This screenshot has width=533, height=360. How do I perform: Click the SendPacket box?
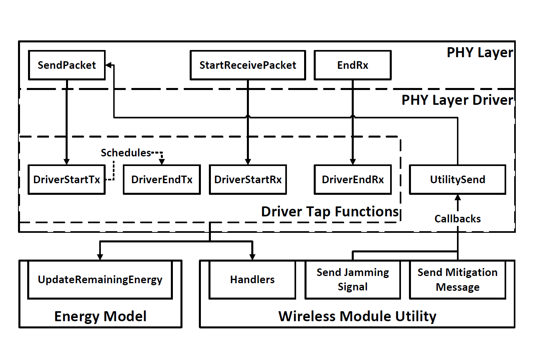(x=67, y=65)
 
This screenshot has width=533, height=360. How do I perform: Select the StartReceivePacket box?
(x=248, y=65)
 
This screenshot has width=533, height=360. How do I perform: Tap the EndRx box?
(x=353, y=65)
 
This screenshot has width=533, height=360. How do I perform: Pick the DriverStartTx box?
(x=66, y=180)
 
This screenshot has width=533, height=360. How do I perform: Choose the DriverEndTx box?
(x=162, y=180)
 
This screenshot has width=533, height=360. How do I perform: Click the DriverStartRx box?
(x=248, y=180)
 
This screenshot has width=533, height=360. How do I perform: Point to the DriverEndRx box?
(x=353, y=180)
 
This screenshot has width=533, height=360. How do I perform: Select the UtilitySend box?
(x=457, y=180)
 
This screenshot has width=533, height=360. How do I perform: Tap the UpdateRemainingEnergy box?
(x=100, y=280)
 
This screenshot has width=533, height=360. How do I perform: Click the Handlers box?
(x=252, y=280)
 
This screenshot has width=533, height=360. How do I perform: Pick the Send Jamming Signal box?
(x=353, y=280)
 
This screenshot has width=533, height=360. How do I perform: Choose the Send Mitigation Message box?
(x=457, y=280)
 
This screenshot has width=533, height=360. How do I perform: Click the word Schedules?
(x=126, y=153)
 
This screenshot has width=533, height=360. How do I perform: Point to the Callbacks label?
(x=457, y=219)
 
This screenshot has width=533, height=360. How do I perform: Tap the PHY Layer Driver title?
(x=457, y=100)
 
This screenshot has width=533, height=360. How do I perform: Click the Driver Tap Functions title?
(x=330, y=212)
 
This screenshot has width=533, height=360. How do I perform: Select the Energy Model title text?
(x=100, y=316)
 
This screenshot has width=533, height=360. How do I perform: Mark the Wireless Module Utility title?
(x=357, y=316)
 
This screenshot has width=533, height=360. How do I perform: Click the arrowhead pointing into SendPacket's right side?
(x=108, y=65)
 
